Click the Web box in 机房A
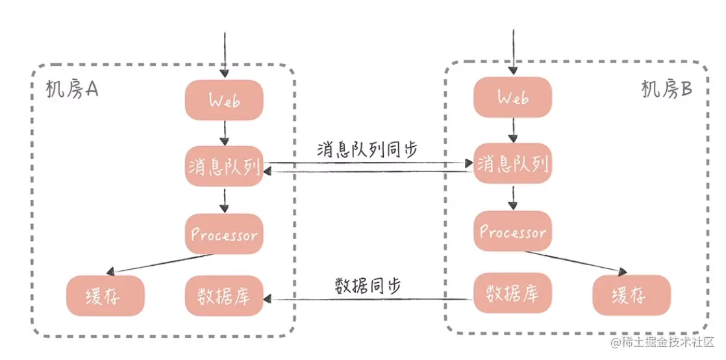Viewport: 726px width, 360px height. (224, 100)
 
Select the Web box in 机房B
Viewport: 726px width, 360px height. (512, 97)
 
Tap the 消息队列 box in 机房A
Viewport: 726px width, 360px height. (224, 168)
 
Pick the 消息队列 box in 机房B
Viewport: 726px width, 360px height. (512, 165)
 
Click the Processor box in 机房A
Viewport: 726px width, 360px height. (224, 235)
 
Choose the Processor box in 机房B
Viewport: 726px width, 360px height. (512, 231)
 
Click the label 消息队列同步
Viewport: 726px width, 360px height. (368, 148)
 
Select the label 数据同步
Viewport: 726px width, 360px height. (368, 285)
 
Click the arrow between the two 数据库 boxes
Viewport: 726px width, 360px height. (368, 300)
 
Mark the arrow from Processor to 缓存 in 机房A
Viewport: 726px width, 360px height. (162, 264)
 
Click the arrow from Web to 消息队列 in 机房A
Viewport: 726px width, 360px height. (224, 133)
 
